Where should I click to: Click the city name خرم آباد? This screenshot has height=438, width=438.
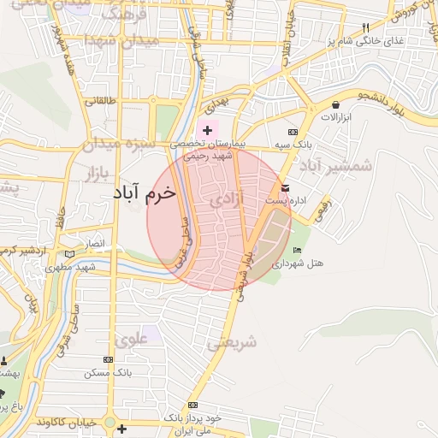(142, 192)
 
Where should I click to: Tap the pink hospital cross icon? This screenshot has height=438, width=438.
(206, 130)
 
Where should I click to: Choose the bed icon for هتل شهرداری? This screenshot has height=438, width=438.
(296, 250)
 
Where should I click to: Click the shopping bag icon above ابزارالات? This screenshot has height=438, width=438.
(334, 105)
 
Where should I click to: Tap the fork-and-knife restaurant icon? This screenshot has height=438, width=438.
(366, 27)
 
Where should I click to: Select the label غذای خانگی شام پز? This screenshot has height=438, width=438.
(394, 41)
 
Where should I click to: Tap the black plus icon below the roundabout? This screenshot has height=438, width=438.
(122, 429)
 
